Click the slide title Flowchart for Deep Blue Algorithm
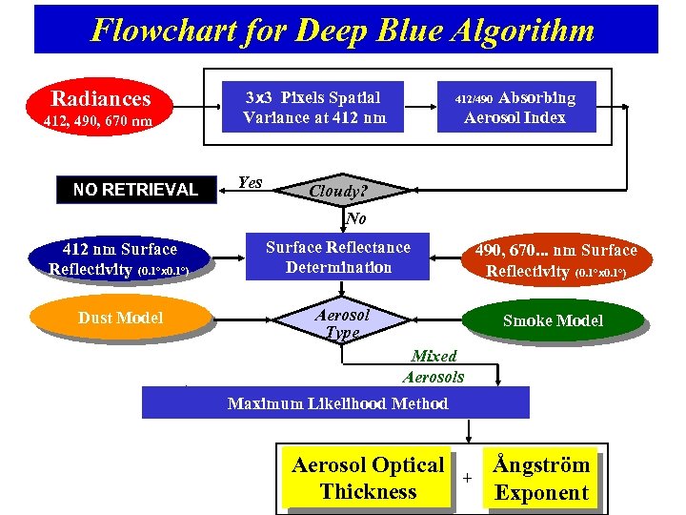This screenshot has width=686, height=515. point(343,30)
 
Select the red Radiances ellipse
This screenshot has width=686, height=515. point(101,98)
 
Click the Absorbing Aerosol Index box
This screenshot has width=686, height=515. point(514,107)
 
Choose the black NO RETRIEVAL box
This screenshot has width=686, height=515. point(135,189)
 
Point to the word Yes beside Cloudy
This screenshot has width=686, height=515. point(250,182)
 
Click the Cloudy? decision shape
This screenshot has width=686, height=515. point(337,191)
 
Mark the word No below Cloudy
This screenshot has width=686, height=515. point(355,218)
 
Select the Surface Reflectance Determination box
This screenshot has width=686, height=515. point(338,257)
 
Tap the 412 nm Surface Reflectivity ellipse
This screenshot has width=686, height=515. point(119,258)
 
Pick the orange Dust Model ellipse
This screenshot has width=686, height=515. point(120,318)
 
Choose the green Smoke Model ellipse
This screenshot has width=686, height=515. point(553,320)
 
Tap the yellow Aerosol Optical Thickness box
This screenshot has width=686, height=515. point(368,479)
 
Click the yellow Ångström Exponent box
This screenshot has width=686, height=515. point(541,479)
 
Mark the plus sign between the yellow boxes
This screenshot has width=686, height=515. point(467,477)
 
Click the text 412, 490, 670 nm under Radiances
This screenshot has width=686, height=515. point(98,121)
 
